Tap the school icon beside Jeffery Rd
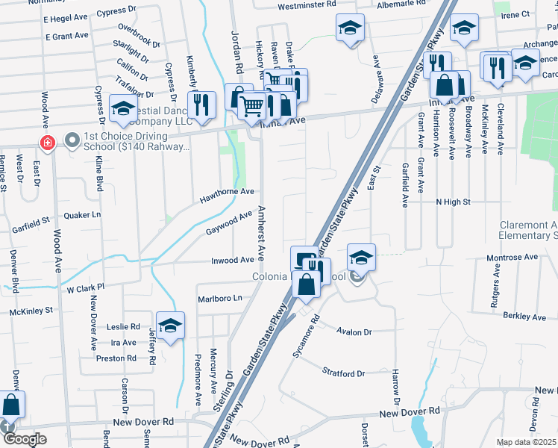tap(170, 326)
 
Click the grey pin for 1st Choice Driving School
tap(72, 140)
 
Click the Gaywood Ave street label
tap(229, 223)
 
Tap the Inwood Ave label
tap(233, 260)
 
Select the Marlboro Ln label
tap(221, 299)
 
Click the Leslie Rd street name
tap(124, 326)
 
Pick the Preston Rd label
tap(116, 358)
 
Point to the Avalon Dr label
tap(353, 332)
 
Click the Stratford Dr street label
tap(343, 373)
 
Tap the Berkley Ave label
tap(524, 317)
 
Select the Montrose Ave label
tap(512, 257)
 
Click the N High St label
tap(454, 202)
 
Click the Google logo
tap(25, 439)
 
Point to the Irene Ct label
tap(515, 14)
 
